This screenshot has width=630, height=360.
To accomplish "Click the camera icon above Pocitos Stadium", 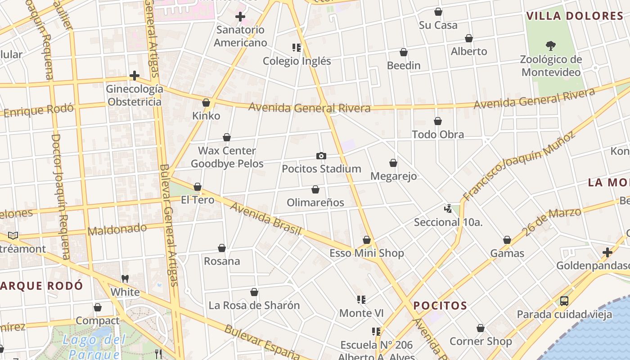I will point(321,156).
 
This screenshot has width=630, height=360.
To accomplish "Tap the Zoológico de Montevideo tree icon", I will point(550,45).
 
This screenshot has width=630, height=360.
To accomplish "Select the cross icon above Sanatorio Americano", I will point(240,17).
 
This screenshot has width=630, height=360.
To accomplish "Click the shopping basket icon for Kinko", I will point(206,103).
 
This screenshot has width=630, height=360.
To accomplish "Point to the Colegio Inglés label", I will point(297,61).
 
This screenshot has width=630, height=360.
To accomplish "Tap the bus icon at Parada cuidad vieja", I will point(564,301).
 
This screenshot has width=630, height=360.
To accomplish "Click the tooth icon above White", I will point(125,279).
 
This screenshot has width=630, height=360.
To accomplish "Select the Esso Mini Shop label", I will point(367,253).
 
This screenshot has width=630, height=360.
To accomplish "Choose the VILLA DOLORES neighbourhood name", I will point(575,16).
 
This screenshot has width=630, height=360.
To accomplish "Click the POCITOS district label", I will point(440,306).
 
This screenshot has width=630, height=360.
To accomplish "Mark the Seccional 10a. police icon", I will point(448,208).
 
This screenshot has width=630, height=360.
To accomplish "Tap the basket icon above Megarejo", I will point(393,163).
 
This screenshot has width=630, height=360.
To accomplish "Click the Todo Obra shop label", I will point(438,135).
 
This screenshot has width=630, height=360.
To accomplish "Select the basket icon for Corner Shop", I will point(481,328).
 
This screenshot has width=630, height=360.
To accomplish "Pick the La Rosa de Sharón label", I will point(254,306).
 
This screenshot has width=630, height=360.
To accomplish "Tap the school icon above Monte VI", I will point(361,299).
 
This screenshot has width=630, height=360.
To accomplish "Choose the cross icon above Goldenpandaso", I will point(607,252).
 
